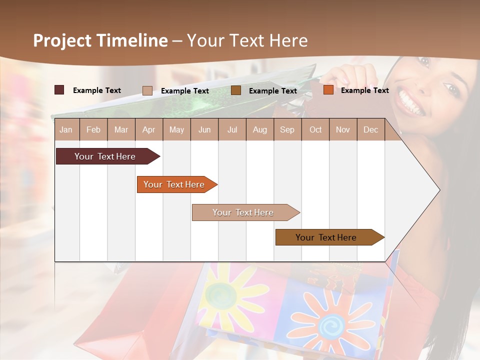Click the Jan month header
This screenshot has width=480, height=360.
point(66,129)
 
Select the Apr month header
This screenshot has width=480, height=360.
point(148,129)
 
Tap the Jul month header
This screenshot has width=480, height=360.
point(232,129)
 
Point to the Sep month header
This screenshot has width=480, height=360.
point(287,129)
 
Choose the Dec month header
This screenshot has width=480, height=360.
point(370,129)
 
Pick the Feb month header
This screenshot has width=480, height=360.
point(93,129)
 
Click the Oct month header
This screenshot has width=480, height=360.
point(315,129)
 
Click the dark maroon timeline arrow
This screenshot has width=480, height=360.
point(105,156)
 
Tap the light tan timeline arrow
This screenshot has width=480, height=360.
point(243,212)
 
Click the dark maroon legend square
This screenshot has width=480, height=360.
point(59,90)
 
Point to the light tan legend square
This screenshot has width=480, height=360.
point(147,90)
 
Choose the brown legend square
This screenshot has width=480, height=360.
point(236,90)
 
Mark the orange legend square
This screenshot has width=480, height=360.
point(328,90)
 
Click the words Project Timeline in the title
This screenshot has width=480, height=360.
point(100,40)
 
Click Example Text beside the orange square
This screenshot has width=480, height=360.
point(364,90)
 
